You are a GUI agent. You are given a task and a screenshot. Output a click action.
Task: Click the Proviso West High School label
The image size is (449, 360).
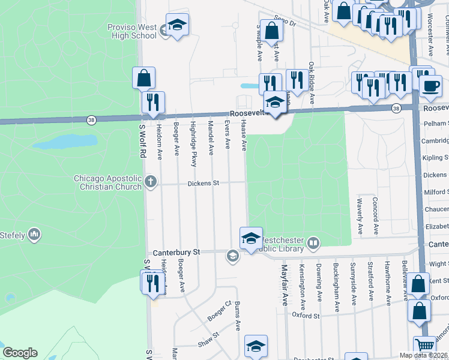[132, 31]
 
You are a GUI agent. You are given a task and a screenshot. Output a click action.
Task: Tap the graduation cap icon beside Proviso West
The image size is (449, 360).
[177, 25]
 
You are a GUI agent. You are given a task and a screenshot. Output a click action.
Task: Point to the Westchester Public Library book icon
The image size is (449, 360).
[313, 243]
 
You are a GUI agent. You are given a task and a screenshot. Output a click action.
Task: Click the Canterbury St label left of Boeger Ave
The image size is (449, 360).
[176, 253]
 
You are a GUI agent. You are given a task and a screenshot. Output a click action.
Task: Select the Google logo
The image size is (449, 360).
[20, 353]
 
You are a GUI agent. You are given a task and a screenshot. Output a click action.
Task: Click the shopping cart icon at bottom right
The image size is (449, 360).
[425, 345]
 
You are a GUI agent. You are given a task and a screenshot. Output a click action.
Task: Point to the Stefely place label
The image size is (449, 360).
[14, 234]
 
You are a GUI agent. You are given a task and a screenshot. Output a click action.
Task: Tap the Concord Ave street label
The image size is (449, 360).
[375, 215]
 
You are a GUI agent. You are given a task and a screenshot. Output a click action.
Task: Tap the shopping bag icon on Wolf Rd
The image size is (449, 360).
[143, 78]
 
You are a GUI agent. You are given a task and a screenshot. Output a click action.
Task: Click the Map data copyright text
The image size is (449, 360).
[423, 355]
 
